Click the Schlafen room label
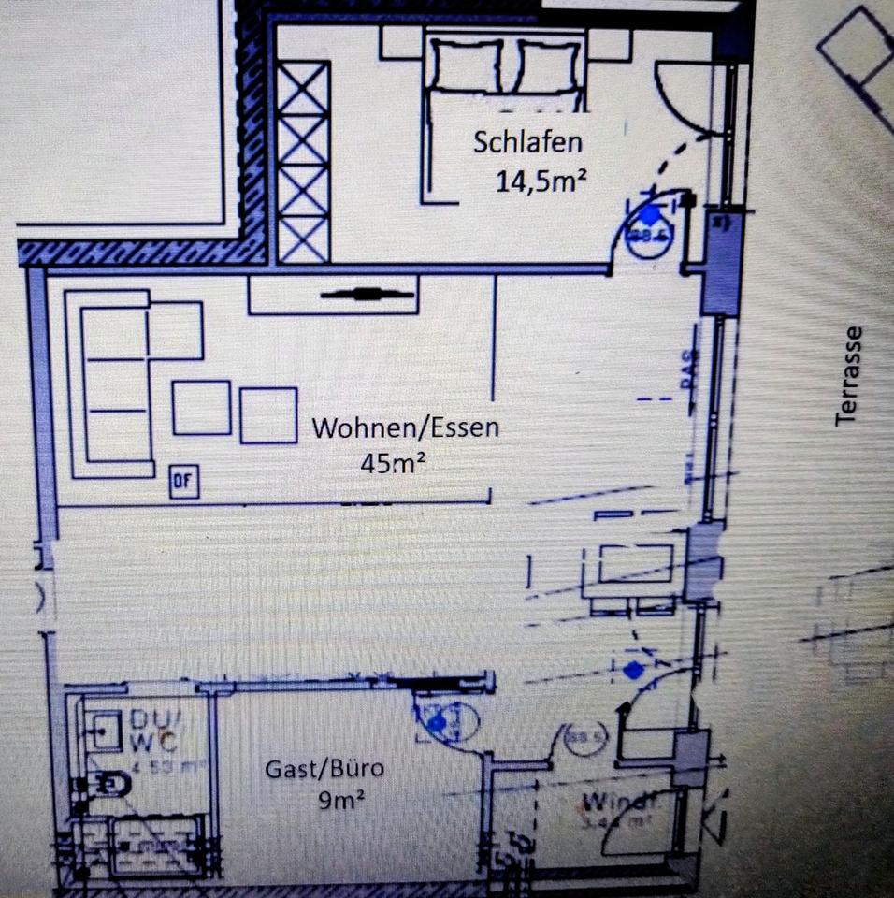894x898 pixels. pos(527,142)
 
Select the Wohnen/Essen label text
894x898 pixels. pos(405,428)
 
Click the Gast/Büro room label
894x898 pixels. pos(324,769)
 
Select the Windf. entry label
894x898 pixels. pos(622,802)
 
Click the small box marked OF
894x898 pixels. pos(183,482)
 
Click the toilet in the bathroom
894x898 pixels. pos(111,781)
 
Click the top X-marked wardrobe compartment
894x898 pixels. pos(304,85)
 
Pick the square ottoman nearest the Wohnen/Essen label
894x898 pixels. pos(268,414)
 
